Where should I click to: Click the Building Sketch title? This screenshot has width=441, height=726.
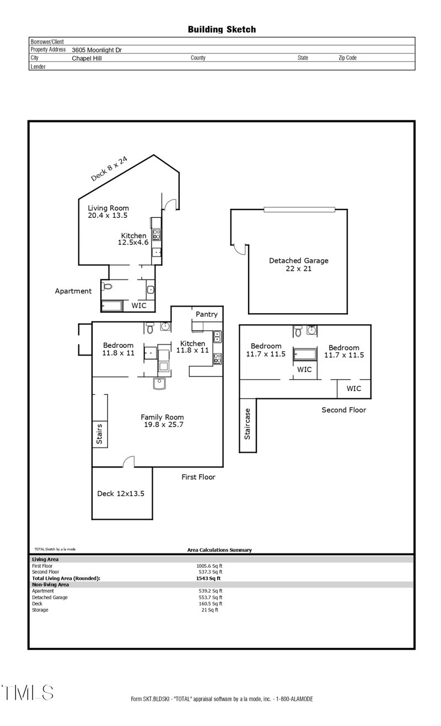point(222,30)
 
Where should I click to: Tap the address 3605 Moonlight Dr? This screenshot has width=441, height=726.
point(96,50)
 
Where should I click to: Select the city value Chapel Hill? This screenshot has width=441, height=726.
point(87,58)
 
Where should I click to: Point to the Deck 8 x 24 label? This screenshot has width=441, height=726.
point(109,169)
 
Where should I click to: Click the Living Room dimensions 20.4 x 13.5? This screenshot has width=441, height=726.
point(107,216)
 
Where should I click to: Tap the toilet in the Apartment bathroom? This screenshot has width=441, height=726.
point(107,287)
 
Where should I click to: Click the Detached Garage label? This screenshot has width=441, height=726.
point(298,261)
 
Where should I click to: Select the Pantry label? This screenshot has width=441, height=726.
point(206,314)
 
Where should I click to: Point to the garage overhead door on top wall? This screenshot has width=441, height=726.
point(299,209)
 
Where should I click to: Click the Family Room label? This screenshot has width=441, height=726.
point(162,417)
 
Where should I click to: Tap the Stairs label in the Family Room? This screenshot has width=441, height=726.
point(99,434)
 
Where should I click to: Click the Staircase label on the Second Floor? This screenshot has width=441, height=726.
point(247,424)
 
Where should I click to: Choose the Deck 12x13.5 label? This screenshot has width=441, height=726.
point(121,493)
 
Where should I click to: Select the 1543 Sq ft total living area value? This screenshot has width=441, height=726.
point(208,578)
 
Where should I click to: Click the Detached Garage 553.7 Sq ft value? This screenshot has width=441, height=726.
point(210,598)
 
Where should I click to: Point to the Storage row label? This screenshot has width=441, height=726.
point(40,610)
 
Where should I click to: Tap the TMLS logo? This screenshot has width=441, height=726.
point(28,693)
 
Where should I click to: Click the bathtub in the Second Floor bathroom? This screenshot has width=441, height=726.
point(305,354)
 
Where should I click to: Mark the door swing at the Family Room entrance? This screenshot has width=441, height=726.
point(128,461)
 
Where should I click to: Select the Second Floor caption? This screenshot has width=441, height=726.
point(343,410)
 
